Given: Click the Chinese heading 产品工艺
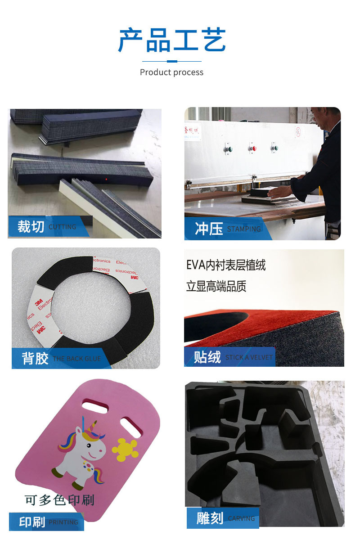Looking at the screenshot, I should coord(171,40).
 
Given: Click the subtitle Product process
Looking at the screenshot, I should coord(171,72).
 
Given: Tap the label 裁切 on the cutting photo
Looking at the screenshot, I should coord(31,226).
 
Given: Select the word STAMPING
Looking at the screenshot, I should coord(244,229).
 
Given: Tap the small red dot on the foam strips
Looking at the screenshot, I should coord(107,179).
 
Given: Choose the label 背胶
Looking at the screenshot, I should coord(35,358).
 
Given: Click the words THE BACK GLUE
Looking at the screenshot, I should coord(77,359).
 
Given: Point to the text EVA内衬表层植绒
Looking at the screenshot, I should coord(226,265).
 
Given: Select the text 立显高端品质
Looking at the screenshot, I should coord(216,286).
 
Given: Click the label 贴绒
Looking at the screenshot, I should coord(207,357).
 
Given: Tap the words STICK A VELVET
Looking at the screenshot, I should coord(249,357).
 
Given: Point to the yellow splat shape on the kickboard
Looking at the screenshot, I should coord(125,449).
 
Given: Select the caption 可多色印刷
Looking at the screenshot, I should coord(59,499).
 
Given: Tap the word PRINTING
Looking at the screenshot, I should coord(63,522).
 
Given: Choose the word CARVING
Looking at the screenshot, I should coord(241,519).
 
